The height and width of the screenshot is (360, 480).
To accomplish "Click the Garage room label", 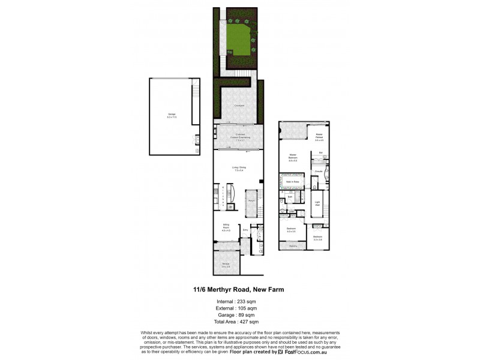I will (172, 116).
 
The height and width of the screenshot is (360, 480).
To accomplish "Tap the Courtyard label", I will (239, 106).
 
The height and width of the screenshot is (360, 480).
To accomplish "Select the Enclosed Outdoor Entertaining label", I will (239, 137).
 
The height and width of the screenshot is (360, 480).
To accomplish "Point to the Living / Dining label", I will (239, 169).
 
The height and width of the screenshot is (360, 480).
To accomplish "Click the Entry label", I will (245, 229).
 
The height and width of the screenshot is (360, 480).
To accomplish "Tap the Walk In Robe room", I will (292, 181).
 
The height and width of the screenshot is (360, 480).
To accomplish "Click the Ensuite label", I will (319, 171).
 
